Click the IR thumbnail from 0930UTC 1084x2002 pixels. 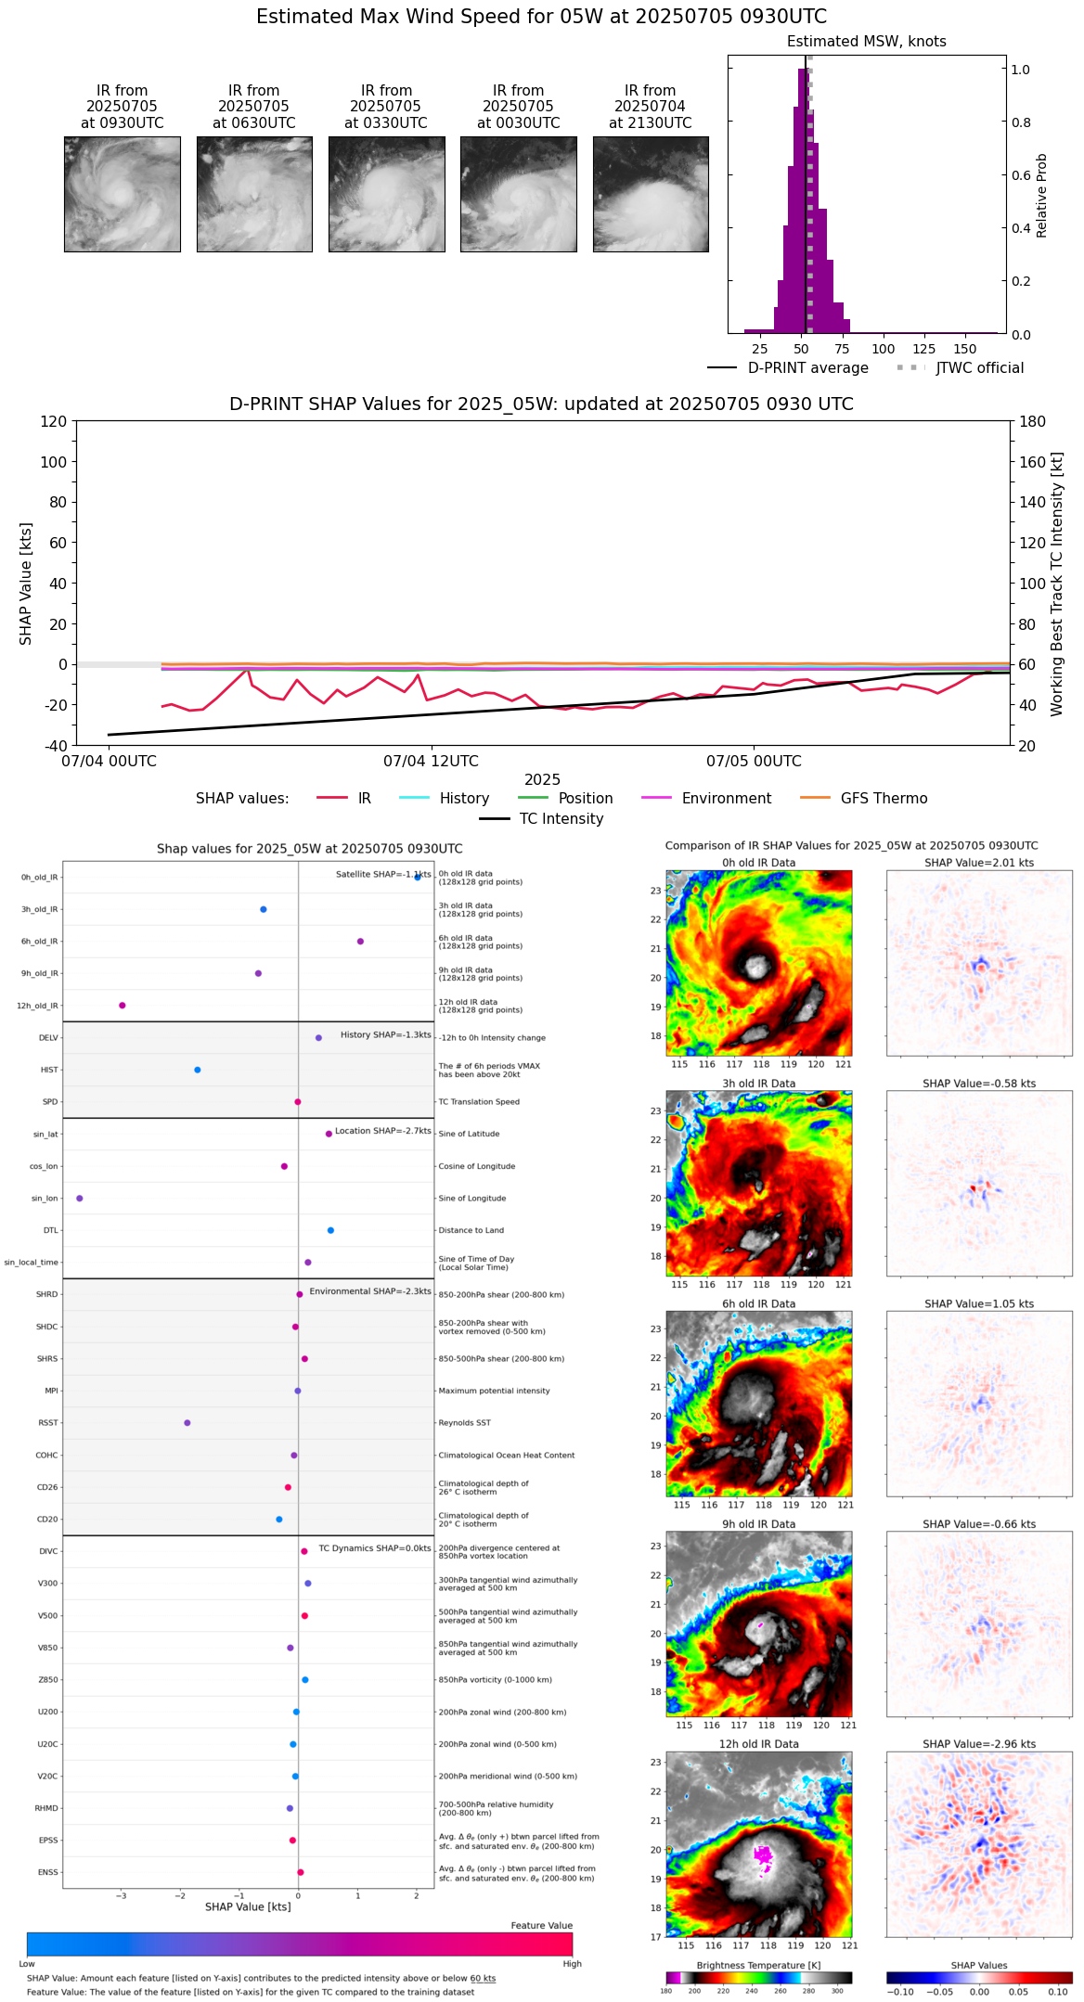tap(122, 194)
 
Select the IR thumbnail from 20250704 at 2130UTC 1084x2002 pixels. tap(651, 194)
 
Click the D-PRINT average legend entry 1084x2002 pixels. tap(788, 368)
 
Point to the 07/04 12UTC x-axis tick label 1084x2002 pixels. tap(431, 762)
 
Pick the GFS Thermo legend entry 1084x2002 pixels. tap(863, 799)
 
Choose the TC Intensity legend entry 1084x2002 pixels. tap(541, 819)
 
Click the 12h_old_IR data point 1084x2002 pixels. tap(122, 1006)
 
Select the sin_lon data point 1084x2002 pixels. tap(80, 1199)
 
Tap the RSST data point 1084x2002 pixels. tap(187, 1423)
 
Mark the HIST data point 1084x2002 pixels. tap(198, 1070)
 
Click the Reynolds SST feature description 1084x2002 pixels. tap(464, 1423)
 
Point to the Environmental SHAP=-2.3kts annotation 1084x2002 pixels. tap(369, 1291)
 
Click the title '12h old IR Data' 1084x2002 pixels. tap(758, 1744)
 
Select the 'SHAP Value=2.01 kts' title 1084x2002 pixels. tap(979, 863)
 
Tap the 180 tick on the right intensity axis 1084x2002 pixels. tap(1033, 421)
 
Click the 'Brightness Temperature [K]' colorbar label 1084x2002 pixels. tap(758, 1965)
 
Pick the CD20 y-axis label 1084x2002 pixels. tap(47, 1520)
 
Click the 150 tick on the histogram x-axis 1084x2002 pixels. tap(965, 349)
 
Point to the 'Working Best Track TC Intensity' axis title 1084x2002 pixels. tap(1057, 584)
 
